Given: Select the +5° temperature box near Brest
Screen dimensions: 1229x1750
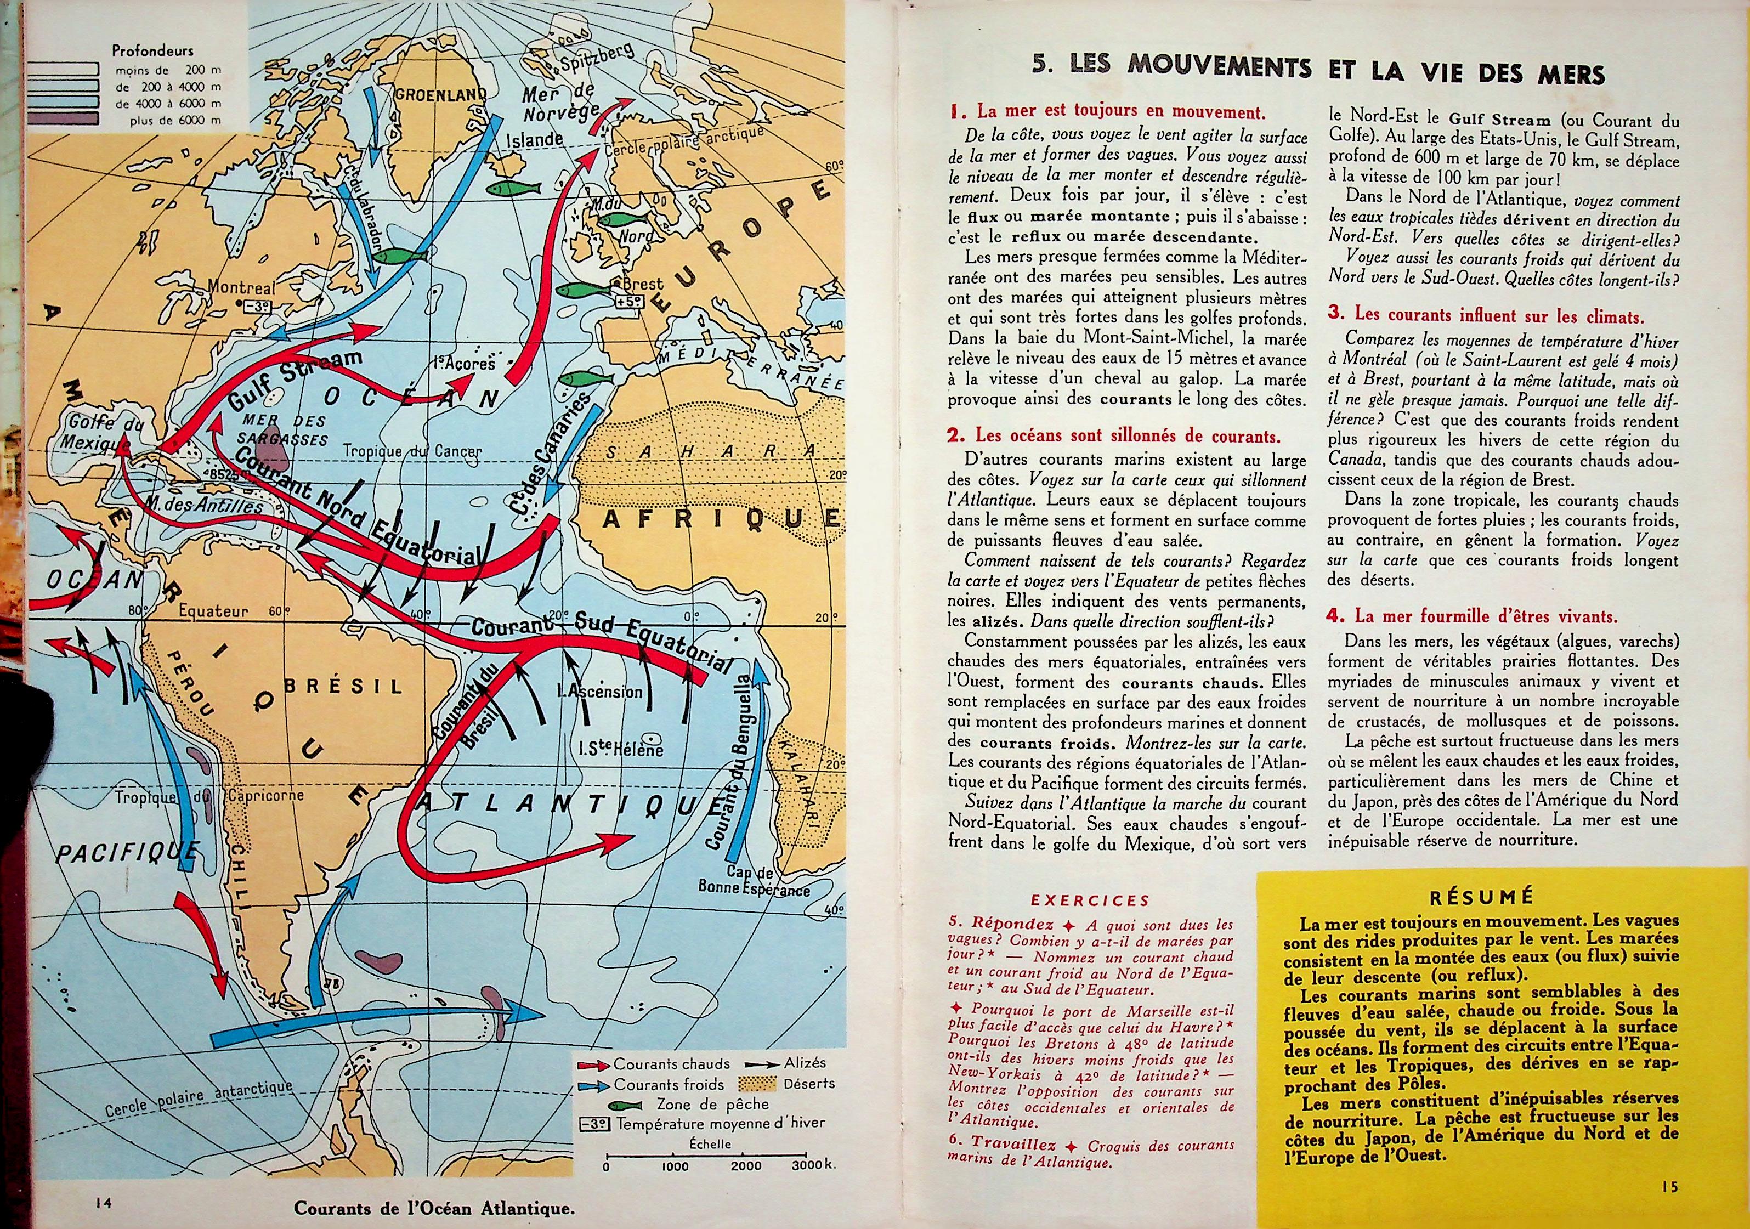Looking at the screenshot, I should pyautogui.click(x=632, y=301).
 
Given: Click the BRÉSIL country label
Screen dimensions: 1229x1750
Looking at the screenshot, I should pyautogui.click(x=342, y=686).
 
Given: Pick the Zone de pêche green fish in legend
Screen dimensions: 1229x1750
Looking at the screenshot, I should pyautogui.click(x=627, y=1104).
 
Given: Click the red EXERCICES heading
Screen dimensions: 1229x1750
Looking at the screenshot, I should pyautogui.click(x=1089, y=901).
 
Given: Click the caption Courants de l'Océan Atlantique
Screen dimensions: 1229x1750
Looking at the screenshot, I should pyautogui.click(x=434, y=1208).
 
